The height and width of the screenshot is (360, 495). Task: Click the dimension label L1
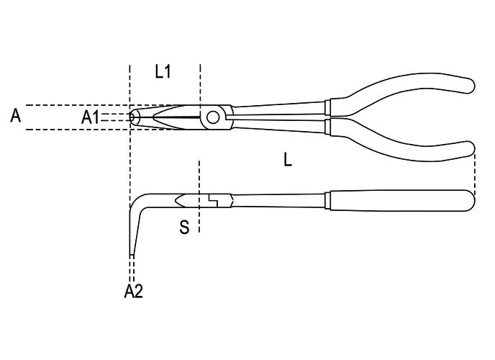163,72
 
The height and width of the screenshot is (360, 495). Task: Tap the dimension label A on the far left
16,116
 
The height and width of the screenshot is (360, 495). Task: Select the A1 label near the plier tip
90,117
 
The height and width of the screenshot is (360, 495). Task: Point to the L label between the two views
288,159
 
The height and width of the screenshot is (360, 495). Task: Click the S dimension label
184,227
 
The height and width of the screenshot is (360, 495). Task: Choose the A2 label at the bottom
134,291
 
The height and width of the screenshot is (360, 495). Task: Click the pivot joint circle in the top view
213,117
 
